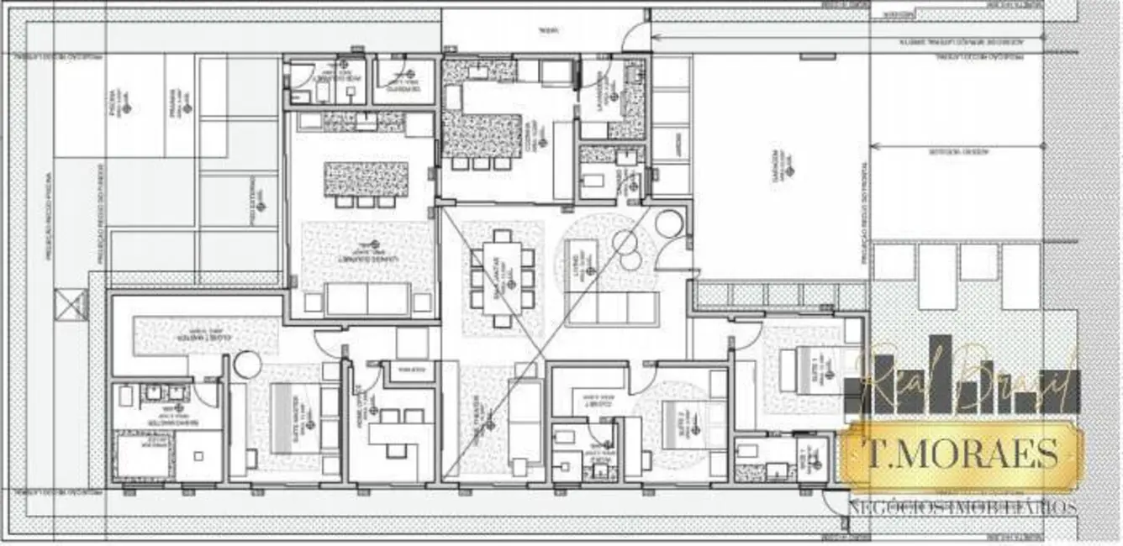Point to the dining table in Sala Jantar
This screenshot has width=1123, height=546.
502,276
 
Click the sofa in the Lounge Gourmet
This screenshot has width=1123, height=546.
368,299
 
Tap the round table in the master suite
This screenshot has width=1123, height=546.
248,365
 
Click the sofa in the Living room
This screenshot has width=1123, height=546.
612,308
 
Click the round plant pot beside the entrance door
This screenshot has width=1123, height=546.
668,224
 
